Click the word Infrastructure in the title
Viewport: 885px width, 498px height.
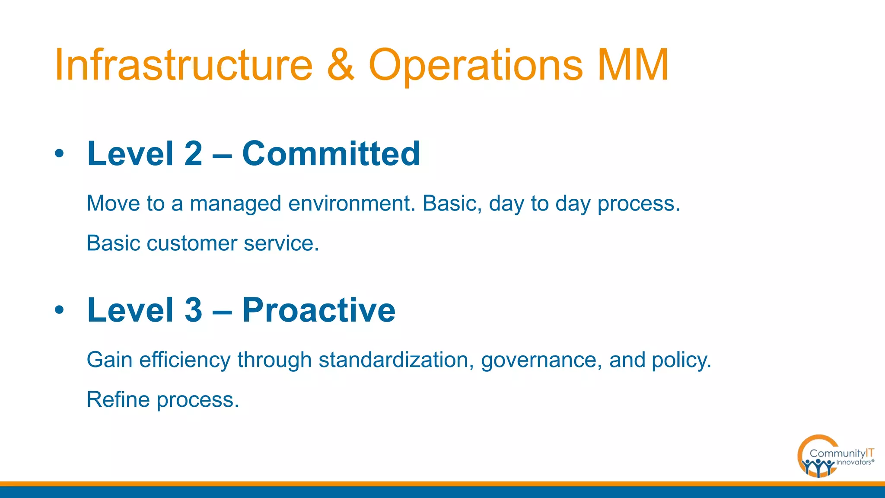click(x=183, y=65)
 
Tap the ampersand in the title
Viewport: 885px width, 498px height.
click(x=341, y=65)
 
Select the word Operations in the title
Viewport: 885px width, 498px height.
click(x=475, y=65)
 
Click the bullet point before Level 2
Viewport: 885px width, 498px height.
click(x=59, y=153)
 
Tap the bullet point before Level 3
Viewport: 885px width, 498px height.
click(x=59, y=310)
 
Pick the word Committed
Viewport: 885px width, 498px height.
click(x=331, y=153)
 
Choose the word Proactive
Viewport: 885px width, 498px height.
click(x=318, y=310)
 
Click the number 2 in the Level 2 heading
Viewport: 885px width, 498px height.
click(x=193, y=153)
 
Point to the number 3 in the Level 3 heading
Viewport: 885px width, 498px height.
click(x=193, y=310)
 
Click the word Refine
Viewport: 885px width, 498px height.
click(x=118, y=399)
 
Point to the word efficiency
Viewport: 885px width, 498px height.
click(x=185, y=360)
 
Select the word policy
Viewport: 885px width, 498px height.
click(x=681, y=360)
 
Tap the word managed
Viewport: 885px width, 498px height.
click(x=236, y=203)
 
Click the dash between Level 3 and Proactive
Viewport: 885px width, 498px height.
click(x=222, y=310)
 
